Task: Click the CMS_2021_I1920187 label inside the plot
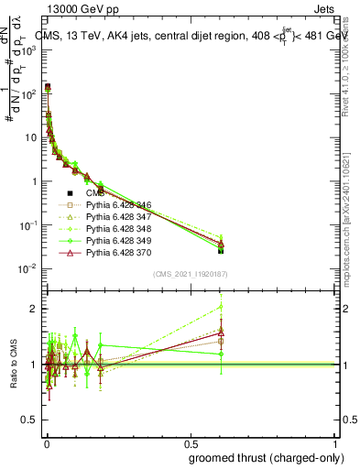(190, 275)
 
